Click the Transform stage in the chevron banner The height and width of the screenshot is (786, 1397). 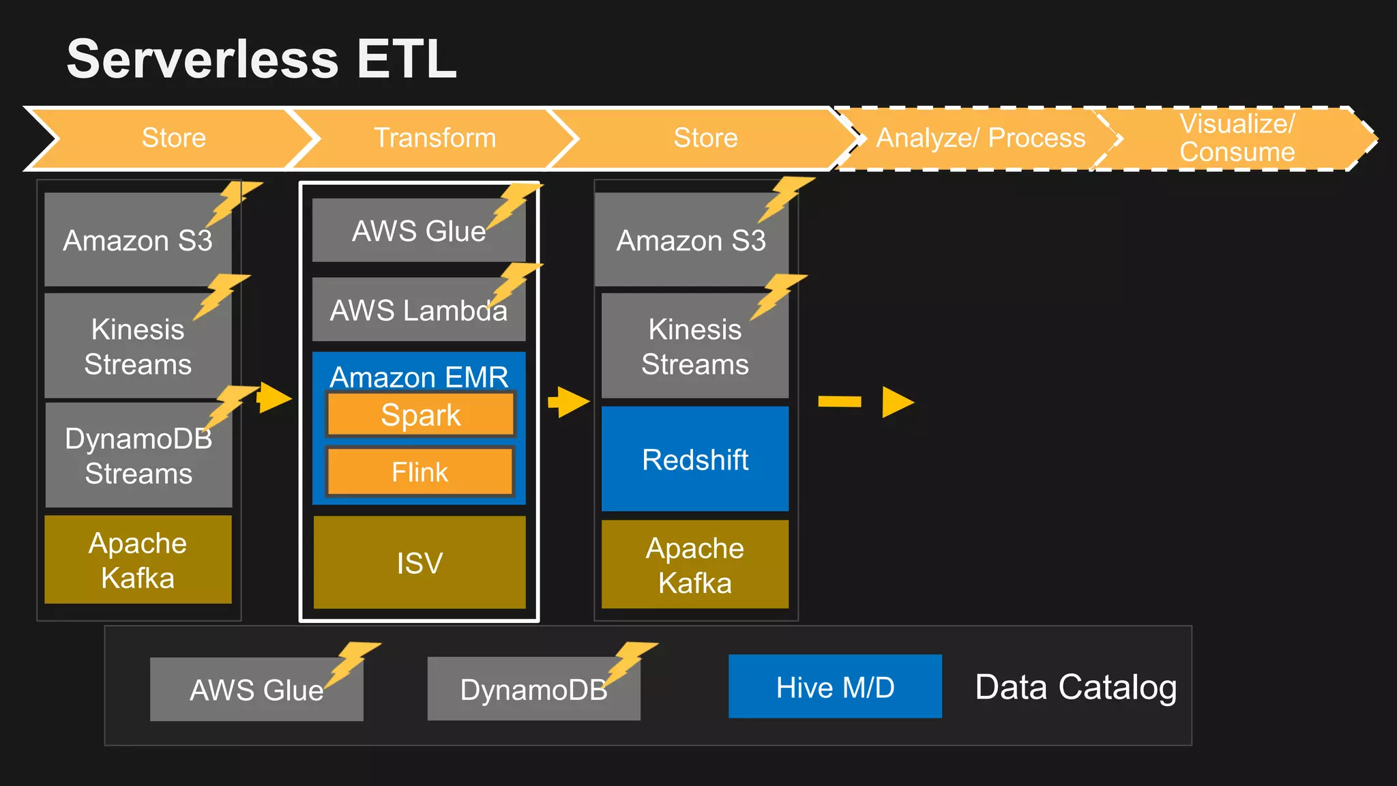click(435, 138)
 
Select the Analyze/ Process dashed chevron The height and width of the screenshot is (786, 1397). click(980, 138)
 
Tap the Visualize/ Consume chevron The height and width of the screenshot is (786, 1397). click(1237, 138)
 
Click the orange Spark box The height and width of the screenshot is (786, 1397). click(420, 415)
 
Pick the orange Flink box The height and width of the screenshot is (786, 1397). click(420, 472)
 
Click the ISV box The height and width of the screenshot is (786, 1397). click(420, 563)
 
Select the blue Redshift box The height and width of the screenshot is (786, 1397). click(694, 459)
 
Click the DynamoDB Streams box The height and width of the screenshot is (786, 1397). click(138, 456)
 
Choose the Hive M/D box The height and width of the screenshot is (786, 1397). click(835, 687)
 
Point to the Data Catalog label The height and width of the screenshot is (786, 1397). click(1076, 687)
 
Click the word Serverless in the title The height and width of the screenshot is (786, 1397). click(203, 59)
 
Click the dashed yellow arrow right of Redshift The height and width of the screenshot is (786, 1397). click(866, 402)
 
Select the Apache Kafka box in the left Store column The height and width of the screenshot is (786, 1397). click(138, 560)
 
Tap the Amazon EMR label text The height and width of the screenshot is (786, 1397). click(419, 377)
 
